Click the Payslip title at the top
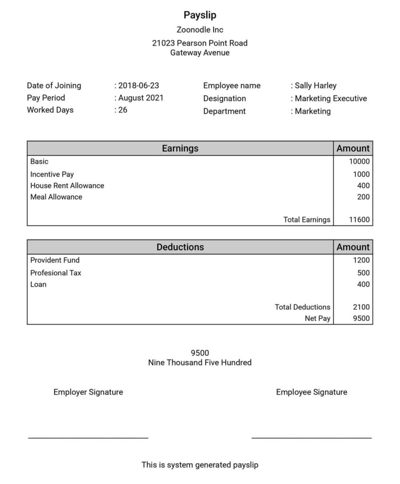click(200, 15)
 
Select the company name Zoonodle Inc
click(200, 30)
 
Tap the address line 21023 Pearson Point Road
click(200, 43)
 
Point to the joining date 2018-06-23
click(138, 86)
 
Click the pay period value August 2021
click(141, 98)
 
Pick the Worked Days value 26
click(123, 110)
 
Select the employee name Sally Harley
click(315, 86)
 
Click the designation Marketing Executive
click(331, 98)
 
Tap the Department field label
click(224, 111)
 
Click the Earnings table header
click(180, 148)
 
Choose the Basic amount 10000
click(359, 161)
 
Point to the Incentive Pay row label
click(52, 174)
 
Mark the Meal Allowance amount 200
click(363, 197)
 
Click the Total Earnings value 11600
click(359, 219)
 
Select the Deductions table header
click(180, 247)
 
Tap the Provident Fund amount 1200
click(361, 260)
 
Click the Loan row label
click(38, 285)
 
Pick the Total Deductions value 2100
click(361, 307)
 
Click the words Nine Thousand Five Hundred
click(200, 363)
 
